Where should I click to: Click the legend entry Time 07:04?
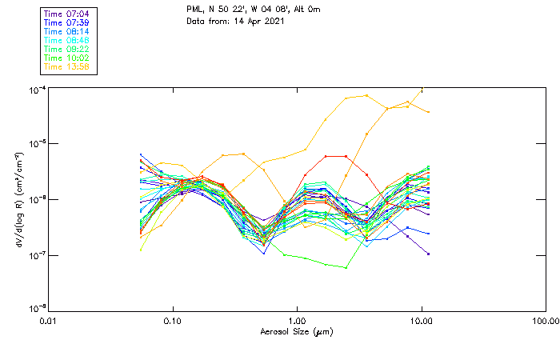click(x=66, y=14)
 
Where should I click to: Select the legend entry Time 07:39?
click(x=66, y=22)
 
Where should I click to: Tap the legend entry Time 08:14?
click(x=66, y=31)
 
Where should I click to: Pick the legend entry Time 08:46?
click(x=66, y=40)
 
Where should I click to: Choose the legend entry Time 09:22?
click(x=66, y=49)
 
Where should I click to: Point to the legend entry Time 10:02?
click(x=66, y=58)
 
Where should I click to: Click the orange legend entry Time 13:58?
click(x=66, y=66)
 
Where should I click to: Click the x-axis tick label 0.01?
click(x=49, y=320)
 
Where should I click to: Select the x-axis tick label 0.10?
click(x=173, y=320)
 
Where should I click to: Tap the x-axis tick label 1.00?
click(x=297, y=320)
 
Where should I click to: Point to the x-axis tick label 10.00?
click(x=421, y=320)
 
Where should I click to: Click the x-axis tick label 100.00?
click(x=545, y=320)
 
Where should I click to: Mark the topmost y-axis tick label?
click(x=34, y=90)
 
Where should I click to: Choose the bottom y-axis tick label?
click(x=34, y=309)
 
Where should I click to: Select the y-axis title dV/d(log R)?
click(x=15, y=198)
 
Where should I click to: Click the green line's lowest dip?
click(x=346, y=267)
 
